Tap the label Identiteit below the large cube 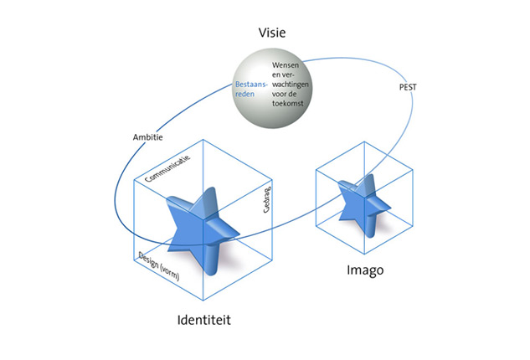pos(204,321)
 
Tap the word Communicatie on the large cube pos(168,167)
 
